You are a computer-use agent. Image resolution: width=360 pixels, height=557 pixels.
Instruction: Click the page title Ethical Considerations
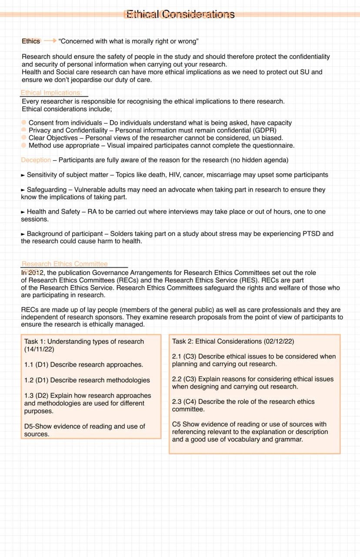[x=180, y=15]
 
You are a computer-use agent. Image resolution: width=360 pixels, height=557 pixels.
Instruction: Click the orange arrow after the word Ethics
[x=50, y=41]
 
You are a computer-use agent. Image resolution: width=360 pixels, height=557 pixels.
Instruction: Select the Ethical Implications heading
[x=51, y=93]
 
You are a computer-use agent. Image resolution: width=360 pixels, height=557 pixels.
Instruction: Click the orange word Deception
[x=36, y=160]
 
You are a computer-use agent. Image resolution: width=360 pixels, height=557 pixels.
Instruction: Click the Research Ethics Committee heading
[x=64, y=264]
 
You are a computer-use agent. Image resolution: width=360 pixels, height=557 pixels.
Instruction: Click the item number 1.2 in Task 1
[x=29, y=380]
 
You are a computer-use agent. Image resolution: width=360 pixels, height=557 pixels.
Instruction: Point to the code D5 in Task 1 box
[x=29, y=426]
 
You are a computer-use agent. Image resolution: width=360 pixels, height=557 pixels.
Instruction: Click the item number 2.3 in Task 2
[x=177, y=402]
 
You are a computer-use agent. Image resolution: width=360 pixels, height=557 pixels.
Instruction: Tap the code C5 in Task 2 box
[x=176, y=424]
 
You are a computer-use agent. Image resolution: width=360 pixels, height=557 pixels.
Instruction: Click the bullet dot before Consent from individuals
[x=24, y=123]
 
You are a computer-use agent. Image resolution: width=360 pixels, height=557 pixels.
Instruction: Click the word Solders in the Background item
[x=121, y=234]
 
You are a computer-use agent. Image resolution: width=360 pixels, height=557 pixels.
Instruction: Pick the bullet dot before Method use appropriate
[x=24, y=145]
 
